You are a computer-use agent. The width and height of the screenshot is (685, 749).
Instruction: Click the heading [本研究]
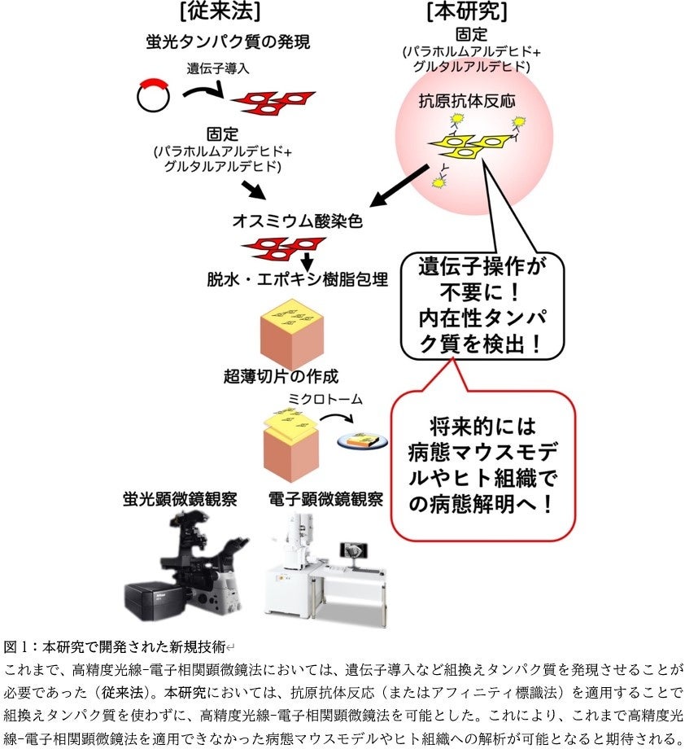click(x=465, y=11)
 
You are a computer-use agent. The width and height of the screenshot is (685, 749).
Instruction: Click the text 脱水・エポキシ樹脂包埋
click(x=297, y=279)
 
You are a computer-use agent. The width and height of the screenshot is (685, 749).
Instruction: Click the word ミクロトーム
click(x=325, y=399)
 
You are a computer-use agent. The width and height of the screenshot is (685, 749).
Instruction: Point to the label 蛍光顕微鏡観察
click(x=180, y=498)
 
